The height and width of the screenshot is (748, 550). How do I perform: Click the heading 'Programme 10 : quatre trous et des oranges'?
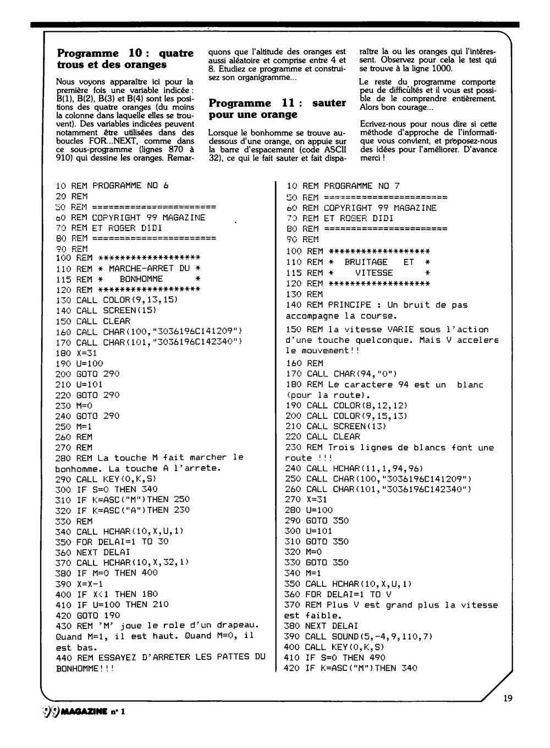[x=125, y=59]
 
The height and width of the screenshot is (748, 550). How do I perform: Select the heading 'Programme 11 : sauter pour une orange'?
[x=278, y=108]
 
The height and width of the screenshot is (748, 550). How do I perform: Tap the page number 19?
[x=507, y=698]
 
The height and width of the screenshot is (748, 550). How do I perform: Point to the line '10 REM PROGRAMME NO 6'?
[x=112, y=185]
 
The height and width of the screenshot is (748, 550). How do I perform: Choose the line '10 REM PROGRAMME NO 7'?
[x=343, y=186]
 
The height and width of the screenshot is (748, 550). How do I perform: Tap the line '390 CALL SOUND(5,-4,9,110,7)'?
[x=360, y=636]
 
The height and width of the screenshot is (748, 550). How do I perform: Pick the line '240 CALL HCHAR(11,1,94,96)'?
[x=354, y=468]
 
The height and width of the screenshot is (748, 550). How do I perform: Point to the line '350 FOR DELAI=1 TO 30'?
[x=112, y=541]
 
